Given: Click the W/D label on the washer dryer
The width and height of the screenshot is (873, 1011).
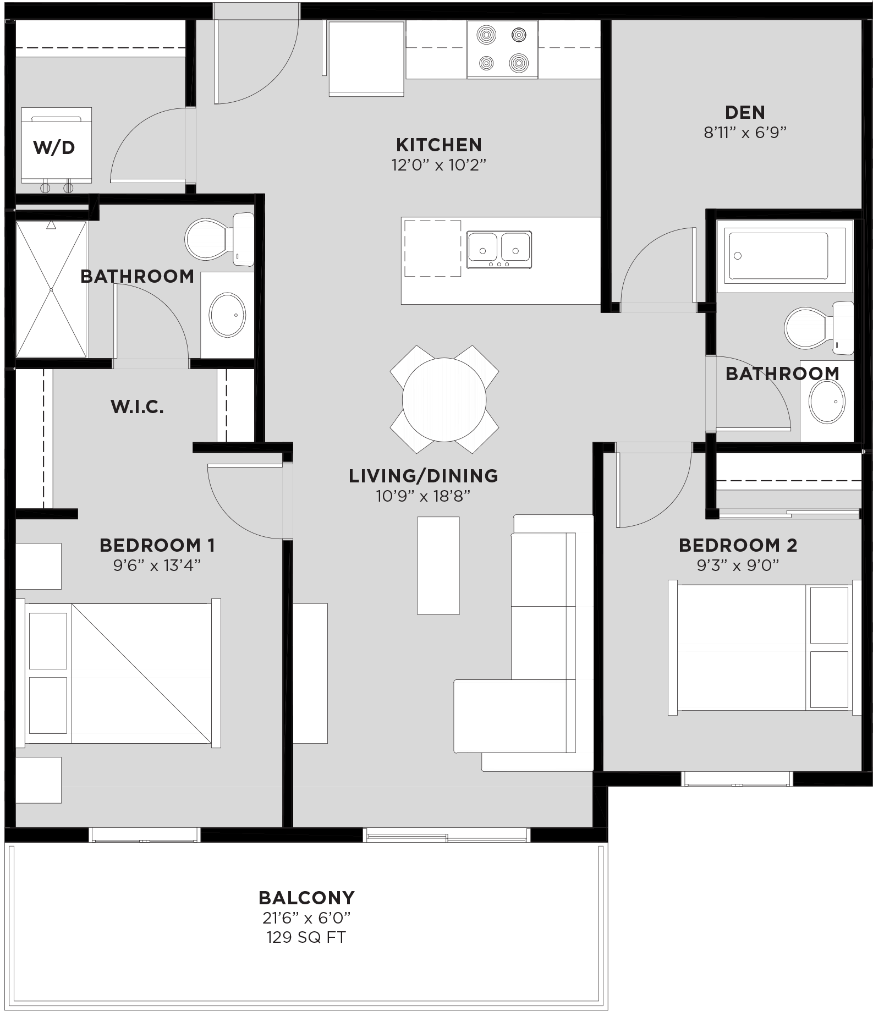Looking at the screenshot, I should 54,147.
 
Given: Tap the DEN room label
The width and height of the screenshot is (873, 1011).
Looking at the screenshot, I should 745,112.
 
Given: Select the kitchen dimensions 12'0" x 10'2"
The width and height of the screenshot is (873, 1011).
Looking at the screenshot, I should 438,165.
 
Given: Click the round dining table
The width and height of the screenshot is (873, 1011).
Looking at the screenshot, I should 444,400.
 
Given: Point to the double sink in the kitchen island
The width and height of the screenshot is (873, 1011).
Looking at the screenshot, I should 499,249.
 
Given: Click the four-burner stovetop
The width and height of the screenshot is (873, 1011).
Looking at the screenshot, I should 502,50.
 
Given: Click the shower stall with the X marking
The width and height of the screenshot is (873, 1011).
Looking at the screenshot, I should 51,289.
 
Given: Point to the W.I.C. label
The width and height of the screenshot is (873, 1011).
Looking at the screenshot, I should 137,406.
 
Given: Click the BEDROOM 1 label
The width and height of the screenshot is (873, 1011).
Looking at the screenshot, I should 157,545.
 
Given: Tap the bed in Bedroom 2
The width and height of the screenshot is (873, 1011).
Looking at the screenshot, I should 759,647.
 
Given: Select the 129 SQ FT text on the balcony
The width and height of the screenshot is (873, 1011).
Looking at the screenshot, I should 306,937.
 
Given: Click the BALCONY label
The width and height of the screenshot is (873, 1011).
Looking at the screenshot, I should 306,898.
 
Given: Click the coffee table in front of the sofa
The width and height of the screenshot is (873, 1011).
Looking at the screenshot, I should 438,565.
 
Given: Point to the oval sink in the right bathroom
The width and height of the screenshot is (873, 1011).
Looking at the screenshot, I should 827,401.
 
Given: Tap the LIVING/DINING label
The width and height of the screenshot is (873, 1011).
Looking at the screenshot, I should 423,476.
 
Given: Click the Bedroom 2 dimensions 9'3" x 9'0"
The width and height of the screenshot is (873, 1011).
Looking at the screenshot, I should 738,565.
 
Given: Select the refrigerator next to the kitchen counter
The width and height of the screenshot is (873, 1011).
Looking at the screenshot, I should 366,57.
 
